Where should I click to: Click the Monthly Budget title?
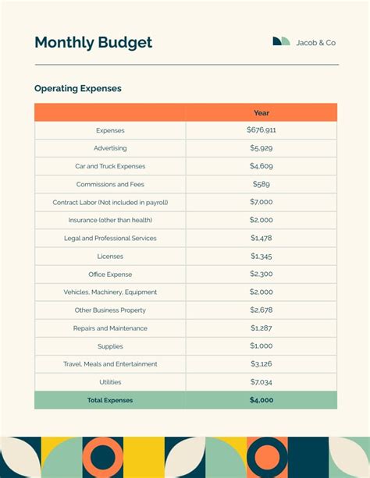pos(93,43)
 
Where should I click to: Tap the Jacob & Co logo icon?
pos(281,42)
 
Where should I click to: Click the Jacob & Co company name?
pos(316,43)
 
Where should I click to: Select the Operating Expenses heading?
pos(77,89)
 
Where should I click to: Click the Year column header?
pos(261,113)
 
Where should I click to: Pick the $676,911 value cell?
pos(261,130)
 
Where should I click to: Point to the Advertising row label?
pos(110,148)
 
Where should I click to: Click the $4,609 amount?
pos(261,166)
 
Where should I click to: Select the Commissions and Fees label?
pos(110,185)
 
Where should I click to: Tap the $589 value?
pos(261,184)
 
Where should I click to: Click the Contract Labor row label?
pos(110,203)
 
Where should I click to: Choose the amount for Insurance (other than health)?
pos(261,220)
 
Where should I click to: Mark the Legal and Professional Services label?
pos(110,239)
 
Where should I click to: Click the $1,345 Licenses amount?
pos(261,256)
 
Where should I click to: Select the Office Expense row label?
pos(110,274)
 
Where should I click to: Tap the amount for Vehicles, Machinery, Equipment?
pos(261,292)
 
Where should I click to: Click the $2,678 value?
pos(261,310)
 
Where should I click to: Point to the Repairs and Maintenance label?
pos(110,328)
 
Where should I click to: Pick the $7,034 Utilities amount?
pos(261,382)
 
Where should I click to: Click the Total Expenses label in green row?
pos(110,400)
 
